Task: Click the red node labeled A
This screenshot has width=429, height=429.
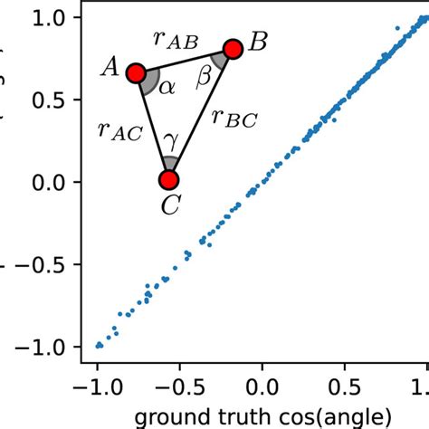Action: [x=136, y=72]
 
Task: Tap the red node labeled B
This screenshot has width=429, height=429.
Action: [x=232, y=49]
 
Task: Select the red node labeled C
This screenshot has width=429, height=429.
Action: [x=169, y=179]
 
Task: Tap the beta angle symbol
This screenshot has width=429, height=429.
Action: [x=204, y=79]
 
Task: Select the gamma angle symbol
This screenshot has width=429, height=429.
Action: [x=169, y=142]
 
